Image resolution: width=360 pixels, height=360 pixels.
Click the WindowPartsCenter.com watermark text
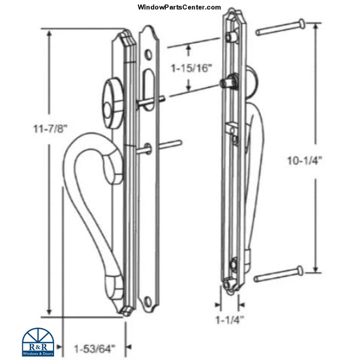pyautogui.click(x=179, y=7)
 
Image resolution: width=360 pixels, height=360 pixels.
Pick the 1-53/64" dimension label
pyautogui.click(x=94, y=349)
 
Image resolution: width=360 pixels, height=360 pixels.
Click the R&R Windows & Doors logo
pyautogui.click(x=38, y=342)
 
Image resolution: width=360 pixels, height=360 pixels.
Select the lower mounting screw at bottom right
pyautogui.click(x=278, y=275)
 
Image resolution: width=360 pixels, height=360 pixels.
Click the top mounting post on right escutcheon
pyautogui.click(x=230, y=37)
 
